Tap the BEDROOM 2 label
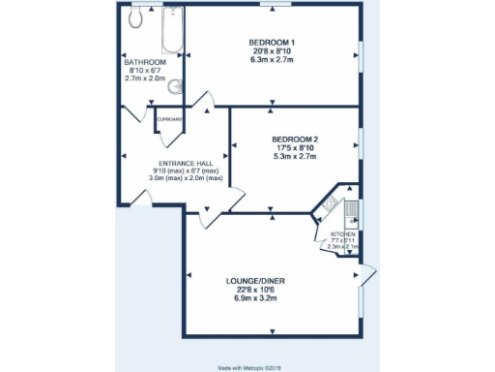click(296, 139)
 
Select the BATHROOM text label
click(145, 62)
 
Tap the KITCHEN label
click(343, 235)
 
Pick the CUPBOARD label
click(170, 119)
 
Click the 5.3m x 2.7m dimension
click(296, 156)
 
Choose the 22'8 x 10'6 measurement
click(256, 290)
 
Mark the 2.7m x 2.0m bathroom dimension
click(145, 78)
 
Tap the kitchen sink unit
click(354, 209)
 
